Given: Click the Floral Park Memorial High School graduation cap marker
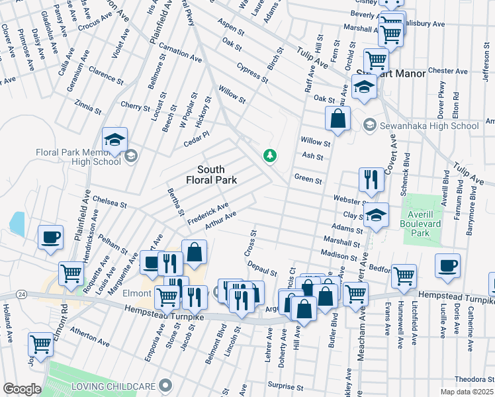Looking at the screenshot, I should pos(114,140).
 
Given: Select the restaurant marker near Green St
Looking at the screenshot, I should pos(371,179).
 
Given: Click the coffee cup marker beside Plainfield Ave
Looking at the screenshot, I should pos(50,237).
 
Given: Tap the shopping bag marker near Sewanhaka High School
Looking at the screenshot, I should pos(337,119).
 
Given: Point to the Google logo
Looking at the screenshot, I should pos(22,388).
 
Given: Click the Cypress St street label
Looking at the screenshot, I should pos(252,73).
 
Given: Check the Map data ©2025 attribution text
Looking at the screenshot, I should pos(467,392).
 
